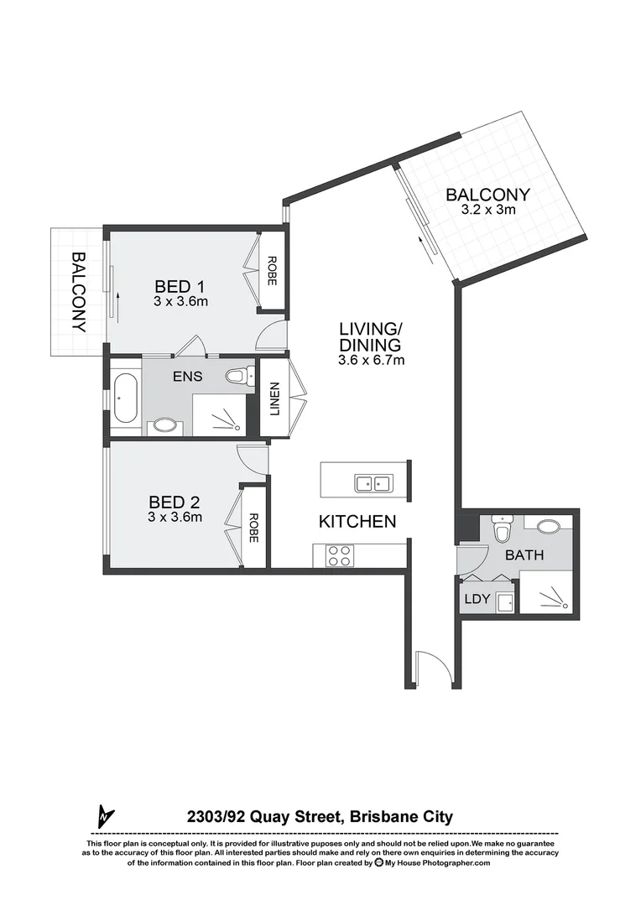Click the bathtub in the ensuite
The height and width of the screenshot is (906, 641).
pyautogui.click(x=126, y=398)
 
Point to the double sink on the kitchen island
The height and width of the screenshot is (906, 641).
pyautogui.click(x=373, y=483)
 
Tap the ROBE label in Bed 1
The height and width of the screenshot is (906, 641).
pyautogui.click(x=271, y=270)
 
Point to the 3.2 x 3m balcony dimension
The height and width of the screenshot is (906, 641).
pyautogui.click(x=487, y=211)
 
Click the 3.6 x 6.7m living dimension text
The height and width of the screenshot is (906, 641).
pyautogui.click(x=371, y=361)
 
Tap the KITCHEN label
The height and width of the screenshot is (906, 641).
pyautogui.click(x=357, y=522)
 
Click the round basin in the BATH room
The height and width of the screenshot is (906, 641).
pyautogui.click(x=549, y=527)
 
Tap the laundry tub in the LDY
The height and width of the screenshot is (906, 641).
pyautogui.click(x=503, y=601)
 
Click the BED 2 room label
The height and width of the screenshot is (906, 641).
pyautogui.click(x=175, y=502)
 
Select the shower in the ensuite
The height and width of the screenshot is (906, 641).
pyautogui.click(x=222, y=416)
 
